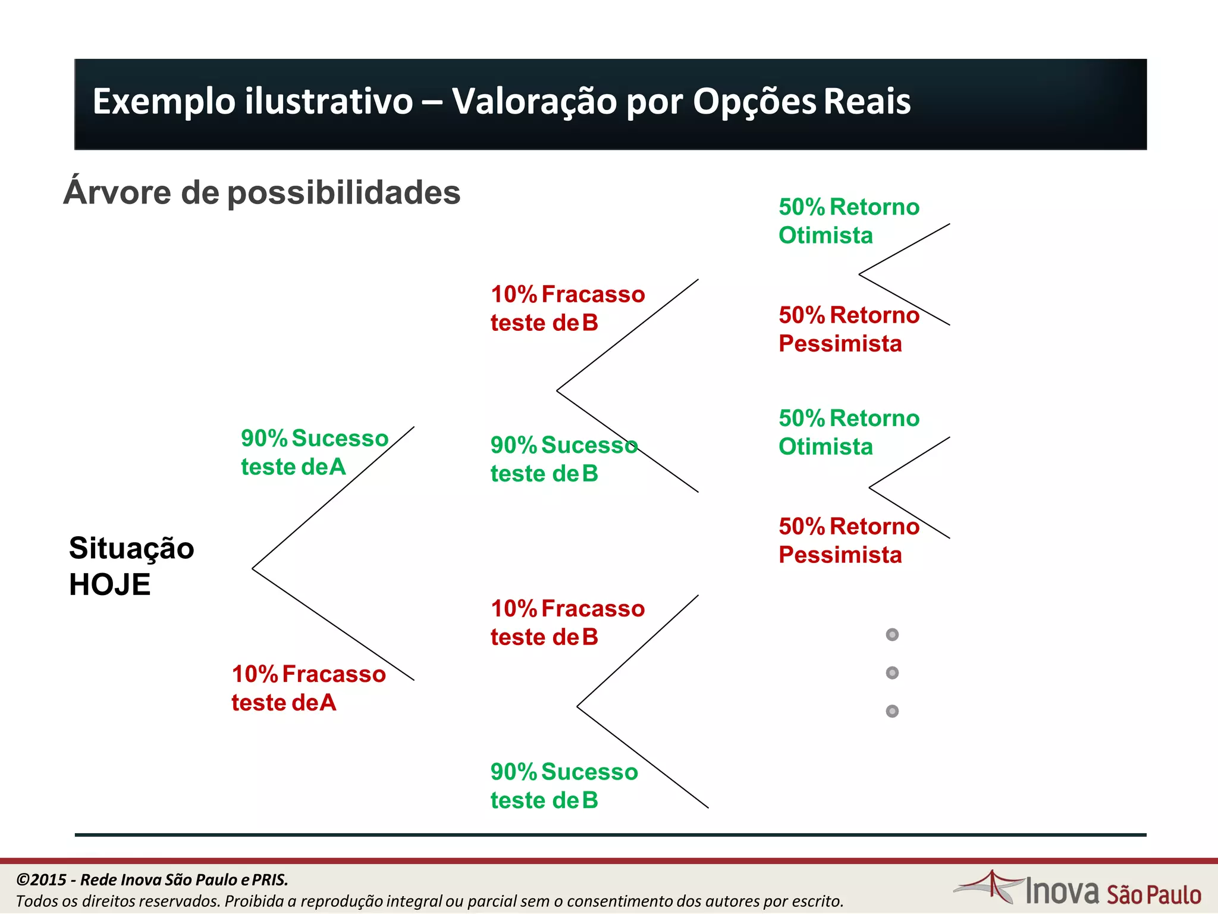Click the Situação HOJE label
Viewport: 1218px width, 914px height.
[131, 566]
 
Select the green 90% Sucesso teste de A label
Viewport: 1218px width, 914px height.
[314, 452]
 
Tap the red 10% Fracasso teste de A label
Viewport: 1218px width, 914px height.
[308, 688]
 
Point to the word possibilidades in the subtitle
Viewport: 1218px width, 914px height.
[344, 193]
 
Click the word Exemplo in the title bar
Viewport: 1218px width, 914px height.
[164, 102]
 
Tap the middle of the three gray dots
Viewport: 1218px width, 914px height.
[892, 673]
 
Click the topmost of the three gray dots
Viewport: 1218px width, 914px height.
[892, 635]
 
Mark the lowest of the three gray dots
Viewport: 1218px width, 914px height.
[892, 711]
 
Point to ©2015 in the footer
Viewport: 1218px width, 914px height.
[41, 879]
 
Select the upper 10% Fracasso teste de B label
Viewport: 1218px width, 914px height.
[567, 308]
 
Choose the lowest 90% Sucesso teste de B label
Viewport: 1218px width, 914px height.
[564, 786]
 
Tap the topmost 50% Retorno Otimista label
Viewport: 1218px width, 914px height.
[849, 221]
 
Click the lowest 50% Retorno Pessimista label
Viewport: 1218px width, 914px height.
[849, 540]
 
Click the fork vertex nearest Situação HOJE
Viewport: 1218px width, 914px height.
[253, 569]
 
